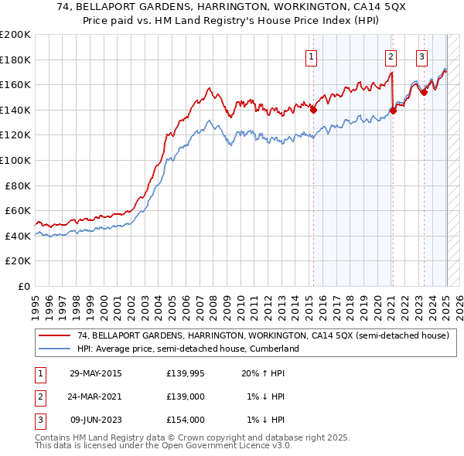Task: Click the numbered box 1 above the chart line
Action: [x=311, y=56]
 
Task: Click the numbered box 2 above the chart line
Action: [x=391, y=56]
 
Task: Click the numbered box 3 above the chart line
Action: [x=421, y=56]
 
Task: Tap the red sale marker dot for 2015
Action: [x=313, y=110]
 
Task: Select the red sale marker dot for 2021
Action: [x=393, y=111]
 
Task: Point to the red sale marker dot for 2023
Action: [x=424, y=92]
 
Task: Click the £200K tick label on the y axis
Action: [x=15, y=34]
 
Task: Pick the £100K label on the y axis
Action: [x=15, y=160]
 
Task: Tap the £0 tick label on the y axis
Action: [x=24, y=286]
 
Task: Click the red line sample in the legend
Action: [x=54, y=335]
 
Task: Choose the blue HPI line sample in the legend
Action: [x=54, y=349]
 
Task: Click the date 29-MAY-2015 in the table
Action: [x=96, y=373]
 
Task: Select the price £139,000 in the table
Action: [x=185, y=396]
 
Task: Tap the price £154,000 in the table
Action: [x=185, y=420]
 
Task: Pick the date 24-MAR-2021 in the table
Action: [x=96, y=396]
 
